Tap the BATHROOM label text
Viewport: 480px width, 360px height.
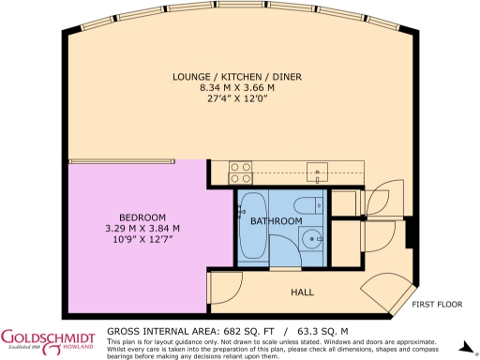[x=276, y=221]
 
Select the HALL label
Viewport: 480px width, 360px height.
[x=302, y=292]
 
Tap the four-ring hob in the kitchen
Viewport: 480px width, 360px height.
[x=239, y=172]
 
